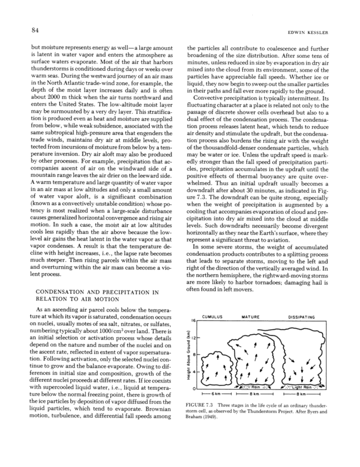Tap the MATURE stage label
tap(251, 316)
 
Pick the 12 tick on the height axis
tap(194, 338)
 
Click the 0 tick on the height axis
tap(195, 389)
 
